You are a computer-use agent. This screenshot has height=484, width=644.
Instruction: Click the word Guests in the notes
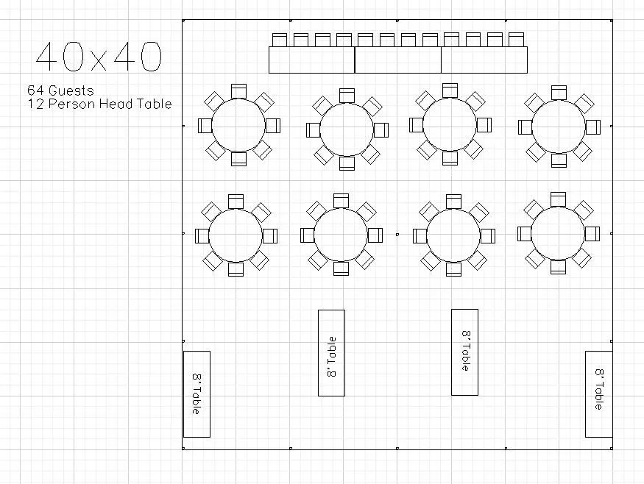coord(71,90)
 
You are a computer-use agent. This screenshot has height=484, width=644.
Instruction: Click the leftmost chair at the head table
coord(279,40)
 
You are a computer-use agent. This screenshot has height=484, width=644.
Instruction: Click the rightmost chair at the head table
coord(516,40)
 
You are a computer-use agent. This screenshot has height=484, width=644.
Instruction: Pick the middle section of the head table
coord(398,60)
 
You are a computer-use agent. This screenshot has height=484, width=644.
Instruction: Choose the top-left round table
coord(238,125)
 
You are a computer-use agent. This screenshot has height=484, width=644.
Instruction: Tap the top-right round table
coord(559,127)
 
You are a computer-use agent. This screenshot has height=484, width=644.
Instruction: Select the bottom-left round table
coord(236,235)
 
